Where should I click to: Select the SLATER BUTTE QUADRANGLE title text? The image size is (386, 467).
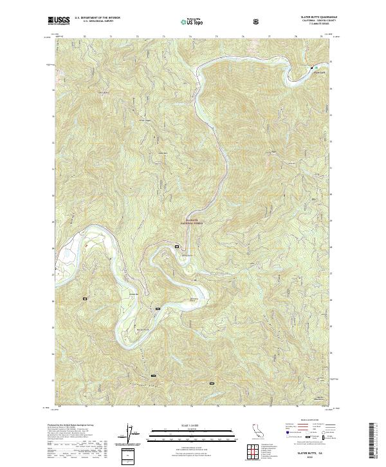click(317, 17)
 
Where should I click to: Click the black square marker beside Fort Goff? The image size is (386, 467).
click(313, 68)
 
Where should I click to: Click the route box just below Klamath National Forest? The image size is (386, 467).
click(177, 246)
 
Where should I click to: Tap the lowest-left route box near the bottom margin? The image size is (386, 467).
click(153, 375)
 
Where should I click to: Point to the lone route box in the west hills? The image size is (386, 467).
click(84, 298)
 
